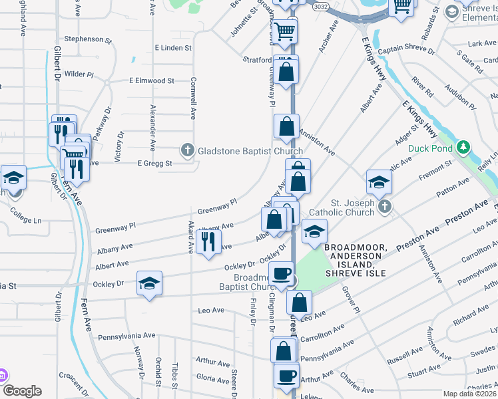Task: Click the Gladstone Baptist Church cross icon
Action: pos(188,151)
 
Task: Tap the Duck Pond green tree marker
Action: pos(463,148)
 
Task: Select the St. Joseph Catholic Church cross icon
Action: pos(383,207)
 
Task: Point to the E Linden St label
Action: pos(172,48)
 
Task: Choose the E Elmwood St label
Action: pos(151,80)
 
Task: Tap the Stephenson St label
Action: pos(85,39)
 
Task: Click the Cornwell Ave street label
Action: pos(193,100)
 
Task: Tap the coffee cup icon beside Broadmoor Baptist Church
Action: pos(281,273)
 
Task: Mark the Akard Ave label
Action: pos(190,237)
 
